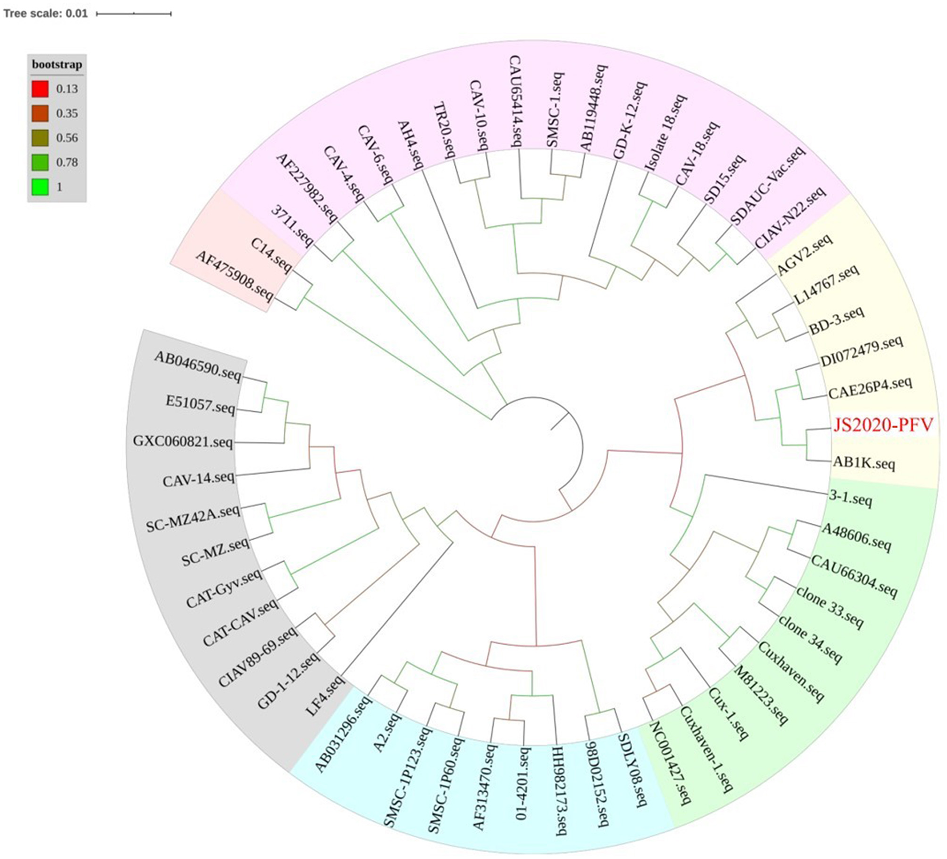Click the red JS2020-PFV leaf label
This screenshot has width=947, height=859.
(x=883, y=425)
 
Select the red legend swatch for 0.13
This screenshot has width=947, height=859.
(x=40, y=89)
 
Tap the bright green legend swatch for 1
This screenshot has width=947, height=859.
(x=40, y=187)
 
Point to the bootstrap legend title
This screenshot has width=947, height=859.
(x=57, y=65)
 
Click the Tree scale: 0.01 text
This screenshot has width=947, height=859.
(x=45, y=13)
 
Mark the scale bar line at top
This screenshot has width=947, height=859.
(x=134, y=13)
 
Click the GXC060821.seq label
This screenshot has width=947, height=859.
(x=183, y=442)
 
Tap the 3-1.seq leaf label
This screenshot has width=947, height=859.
(x=850, y=499)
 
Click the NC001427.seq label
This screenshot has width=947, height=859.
(x=669, y=763)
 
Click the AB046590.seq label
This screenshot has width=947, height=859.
(x=198, y=366)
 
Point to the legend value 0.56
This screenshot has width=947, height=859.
(x=67, y=138)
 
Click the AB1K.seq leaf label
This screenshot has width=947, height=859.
(x=864, y=463)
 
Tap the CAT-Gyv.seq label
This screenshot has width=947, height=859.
(x=224, y=588)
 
